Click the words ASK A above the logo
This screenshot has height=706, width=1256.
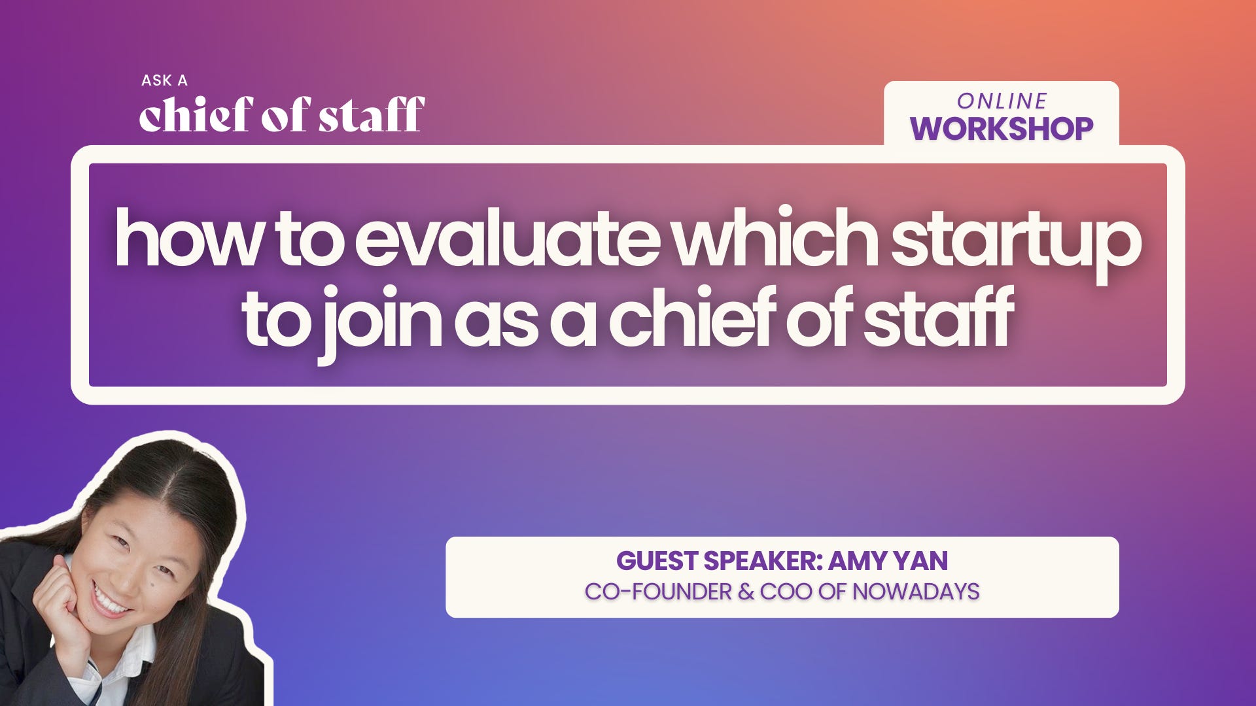tap(164, 80)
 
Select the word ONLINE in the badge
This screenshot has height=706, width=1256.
tap(1002, 101)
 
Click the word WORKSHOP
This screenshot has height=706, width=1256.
tap(1002, 128)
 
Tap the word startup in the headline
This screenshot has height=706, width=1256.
tap(1016, 242)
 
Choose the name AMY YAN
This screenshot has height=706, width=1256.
tap(888, 561)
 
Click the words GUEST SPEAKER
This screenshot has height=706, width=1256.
tap(718, 561)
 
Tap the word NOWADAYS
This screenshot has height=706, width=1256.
tap(915, 592)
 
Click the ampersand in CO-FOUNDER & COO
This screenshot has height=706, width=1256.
tap(745, 592)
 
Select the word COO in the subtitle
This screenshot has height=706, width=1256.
tap(786, 592)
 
